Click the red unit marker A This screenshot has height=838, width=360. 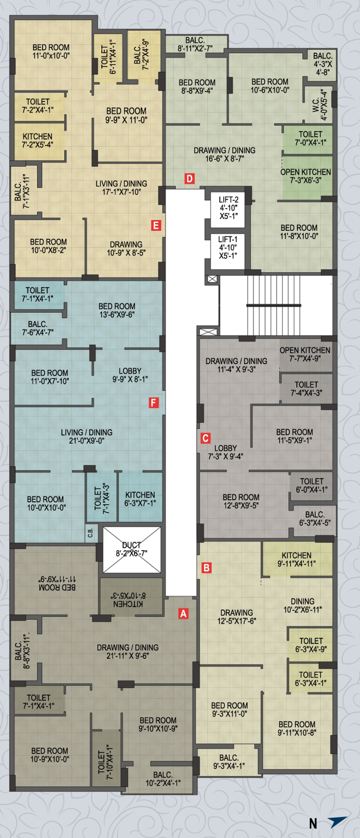pyautogui.click(x=184, y=613)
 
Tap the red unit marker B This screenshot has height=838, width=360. pyautogui.click(x=207, y=568)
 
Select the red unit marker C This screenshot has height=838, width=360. pyautogui.click(x=206, y=438)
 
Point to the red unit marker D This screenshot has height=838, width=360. pyautogui.click(x=190, y=178)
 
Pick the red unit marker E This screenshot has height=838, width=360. pyautogui.click(x=156, y=226)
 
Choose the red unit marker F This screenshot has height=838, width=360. pyautogui.click(x=154, y=403)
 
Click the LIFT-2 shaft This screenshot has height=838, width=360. pyautogui.click(x=228, y=208)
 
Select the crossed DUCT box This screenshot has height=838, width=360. pyautogui.click(x=132, y=550)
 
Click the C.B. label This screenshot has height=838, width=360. pyautogui.click(x=90, y=533)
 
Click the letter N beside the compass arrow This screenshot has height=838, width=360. pyautogui.click(x=313, y=824)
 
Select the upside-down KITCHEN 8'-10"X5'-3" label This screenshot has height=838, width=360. pyautogui.click(x=128, y=599)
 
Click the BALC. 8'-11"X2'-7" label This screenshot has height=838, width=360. pyautogui.click(x=195, y=44)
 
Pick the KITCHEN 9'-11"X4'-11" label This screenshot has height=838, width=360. pyautogui.click(x=297, y=560)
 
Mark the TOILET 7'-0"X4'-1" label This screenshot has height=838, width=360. pyautogui.click(x=311, y=138)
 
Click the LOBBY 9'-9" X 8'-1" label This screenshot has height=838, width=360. pyautogui.click(x=130, y=375)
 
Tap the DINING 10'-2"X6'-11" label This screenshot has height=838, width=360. pyautogui.click(x=303, y=605)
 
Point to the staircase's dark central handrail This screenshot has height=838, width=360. pyautogui.click(x=274, y=305)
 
